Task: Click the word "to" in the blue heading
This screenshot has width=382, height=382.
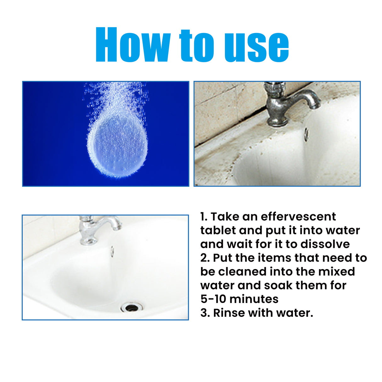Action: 197,45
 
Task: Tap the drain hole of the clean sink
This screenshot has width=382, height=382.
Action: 131,307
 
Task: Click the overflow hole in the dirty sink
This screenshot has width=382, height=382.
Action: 306,133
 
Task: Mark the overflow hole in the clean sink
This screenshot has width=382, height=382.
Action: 112,251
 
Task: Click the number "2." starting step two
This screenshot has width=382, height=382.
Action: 205,258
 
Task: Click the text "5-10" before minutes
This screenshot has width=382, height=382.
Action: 213,299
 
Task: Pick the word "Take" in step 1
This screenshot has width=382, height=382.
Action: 223,216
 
